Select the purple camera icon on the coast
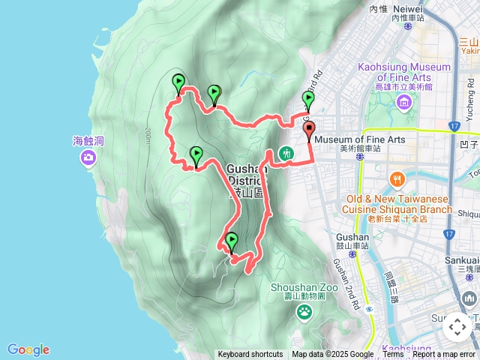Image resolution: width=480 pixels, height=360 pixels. (89, 157)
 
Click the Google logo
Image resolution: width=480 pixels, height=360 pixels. (28, 349)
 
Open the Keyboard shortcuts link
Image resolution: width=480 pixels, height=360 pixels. (250, 355)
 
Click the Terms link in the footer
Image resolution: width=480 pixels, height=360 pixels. (393, 355)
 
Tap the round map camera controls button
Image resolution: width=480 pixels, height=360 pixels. (457, 328)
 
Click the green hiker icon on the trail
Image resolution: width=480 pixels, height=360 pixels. (286, 154)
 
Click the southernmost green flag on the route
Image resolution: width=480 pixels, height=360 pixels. (231, 240)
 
